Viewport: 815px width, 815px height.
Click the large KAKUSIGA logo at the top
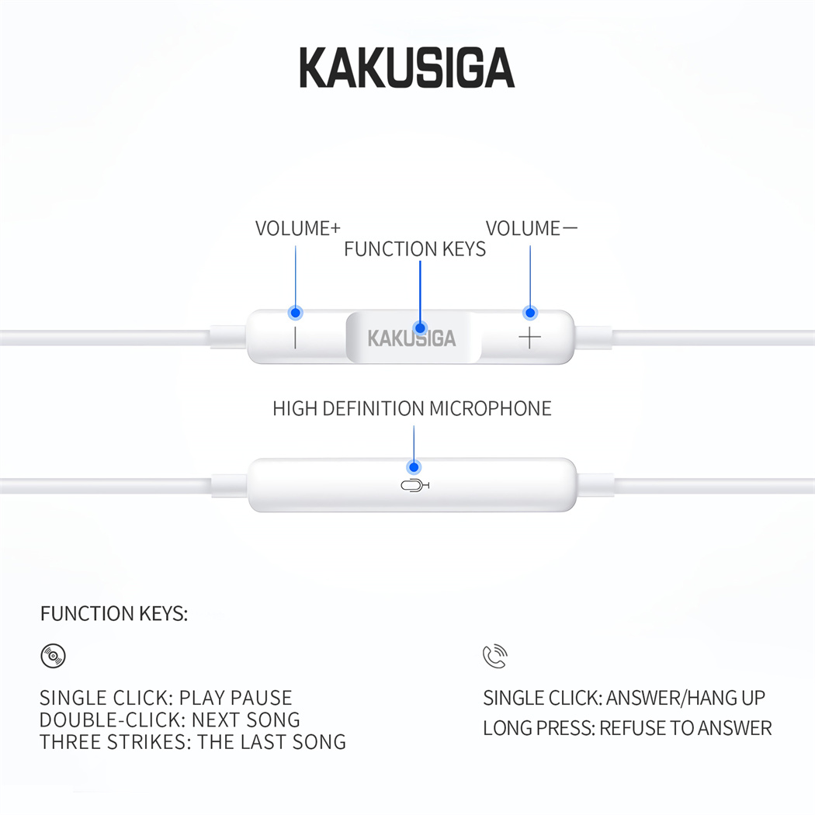[407, 68]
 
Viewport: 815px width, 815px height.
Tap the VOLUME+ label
[297, 228]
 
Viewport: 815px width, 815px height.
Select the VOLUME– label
[531, 228]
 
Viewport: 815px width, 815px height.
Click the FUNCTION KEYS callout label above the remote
[414, 249]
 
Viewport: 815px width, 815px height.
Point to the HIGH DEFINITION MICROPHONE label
[411, 408]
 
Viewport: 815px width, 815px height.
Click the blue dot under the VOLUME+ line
[295, 313]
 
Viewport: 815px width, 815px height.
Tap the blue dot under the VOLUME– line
[530, 313]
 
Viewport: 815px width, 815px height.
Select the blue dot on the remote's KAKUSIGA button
[420, 328]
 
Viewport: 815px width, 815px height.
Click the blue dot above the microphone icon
[414, 467]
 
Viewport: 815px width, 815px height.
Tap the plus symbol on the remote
[529, 338]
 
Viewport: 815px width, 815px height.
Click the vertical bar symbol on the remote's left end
[295, 338]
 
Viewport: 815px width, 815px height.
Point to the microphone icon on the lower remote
[414, 486]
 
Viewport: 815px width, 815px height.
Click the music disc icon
[53, 655]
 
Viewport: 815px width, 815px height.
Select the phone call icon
[495, 656]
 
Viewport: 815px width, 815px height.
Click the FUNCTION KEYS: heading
[114, 614]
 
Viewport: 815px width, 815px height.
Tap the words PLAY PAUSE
[235, 698]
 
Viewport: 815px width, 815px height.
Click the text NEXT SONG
[246, 720]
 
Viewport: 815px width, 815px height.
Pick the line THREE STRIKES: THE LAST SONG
[192, 742]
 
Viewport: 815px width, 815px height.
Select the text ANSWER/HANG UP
[685, 698]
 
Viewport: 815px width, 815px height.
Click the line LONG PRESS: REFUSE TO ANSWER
[627, 728]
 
